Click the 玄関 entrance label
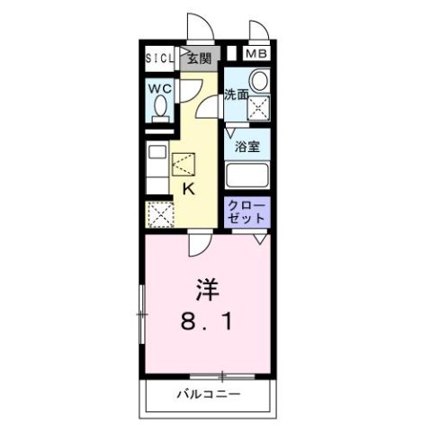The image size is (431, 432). point(199,59)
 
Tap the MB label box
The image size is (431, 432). point(257,54)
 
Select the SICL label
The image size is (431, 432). point(162,59)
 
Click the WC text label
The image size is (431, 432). point(161,89)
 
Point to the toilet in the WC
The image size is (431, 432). point(161,107)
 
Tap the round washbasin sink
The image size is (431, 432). point(259,82)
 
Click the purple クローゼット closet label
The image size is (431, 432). point(247,212)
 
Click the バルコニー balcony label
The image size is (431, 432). point(208,394)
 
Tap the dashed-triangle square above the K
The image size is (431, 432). point(184,165)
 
